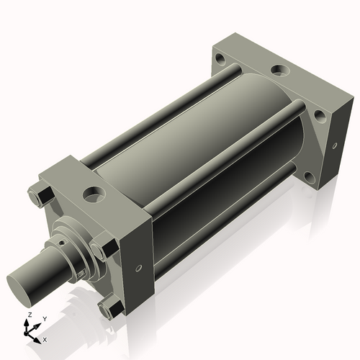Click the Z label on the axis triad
30,315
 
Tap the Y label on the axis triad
45,319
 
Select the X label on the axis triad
45,340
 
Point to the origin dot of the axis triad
26,333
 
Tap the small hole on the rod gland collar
62,243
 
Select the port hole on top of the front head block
94,194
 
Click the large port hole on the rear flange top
280,70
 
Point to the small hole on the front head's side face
138,268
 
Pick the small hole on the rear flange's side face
335,145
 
